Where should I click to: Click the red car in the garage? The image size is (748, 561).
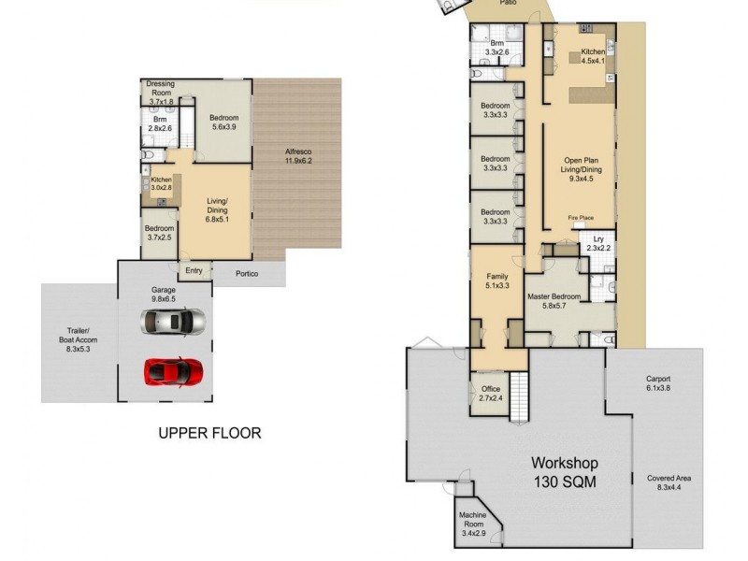(x=173, y=371)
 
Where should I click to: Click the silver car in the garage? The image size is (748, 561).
(x=172, y=322)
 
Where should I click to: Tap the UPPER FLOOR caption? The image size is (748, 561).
(x=209, y=433)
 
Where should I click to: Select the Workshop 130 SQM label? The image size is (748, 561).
(x=565, y=472)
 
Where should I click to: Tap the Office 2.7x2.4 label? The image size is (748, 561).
(x=491, y=394)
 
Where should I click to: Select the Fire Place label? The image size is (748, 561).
(x=581, y=218)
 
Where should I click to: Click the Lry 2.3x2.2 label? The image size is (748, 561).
(x=597, y=244)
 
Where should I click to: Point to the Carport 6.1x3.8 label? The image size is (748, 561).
(x=658, y=383)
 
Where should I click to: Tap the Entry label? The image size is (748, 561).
(x=194, y=271)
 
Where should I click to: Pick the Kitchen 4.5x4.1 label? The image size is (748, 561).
(x=593, y=56)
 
